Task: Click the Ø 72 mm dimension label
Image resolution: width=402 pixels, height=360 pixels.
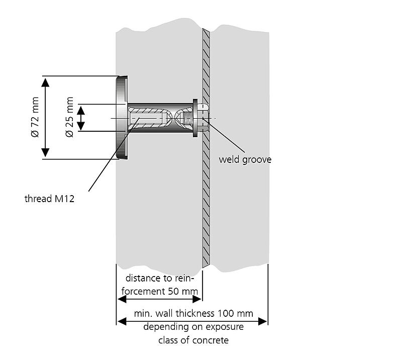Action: point(35,118)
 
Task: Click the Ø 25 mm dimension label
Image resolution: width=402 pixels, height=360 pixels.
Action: point(69,118)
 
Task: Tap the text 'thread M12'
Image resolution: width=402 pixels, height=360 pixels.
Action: point(49,199)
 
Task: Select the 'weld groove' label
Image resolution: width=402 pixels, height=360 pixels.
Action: point(245,159)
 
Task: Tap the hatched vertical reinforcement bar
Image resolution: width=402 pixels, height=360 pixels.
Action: point(206,201)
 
